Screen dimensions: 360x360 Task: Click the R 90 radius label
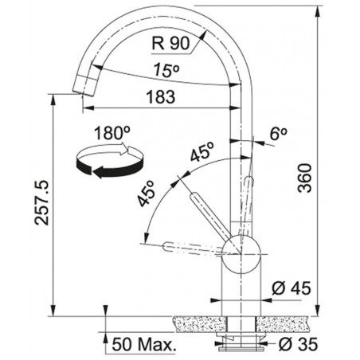point(170,43)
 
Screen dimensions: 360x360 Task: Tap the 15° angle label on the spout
point(166,69)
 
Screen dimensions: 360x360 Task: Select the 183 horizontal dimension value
point(161,96)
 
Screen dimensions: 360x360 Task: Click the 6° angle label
point(279,134)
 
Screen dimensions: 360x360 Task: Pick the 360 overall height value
point(304,178)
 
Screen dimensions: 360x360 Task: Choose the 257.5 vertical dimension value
point(41,203)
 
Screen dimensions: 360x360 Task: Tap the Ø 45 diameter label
point(292,288)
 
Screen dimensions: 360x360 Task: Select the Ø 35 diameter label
point(298,344)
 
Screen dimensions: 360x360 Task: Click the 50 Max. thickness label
point(144,345)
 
